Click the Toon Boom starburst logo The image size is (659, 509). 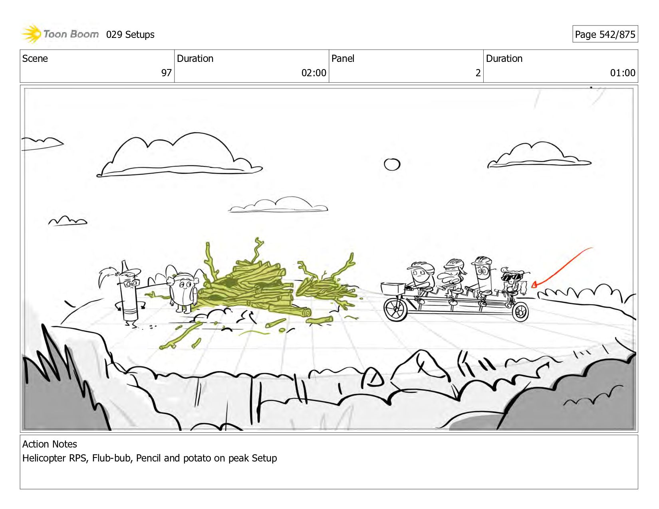pos(31,34)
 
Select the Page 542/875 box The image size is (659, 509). pos(605,34)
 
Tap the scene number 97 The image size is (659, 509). pos(166,73)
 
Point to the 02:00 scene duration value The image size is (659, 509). pos(314,73)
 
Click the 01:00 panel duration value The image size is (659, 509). pos(623,73)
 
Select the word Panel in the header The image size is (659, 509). pos(343,58)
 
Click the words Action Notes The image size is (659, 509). pos(50,444)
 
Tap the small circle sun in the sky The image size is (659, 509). pos(392,164)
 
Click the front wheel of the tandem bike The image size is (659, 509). pos(395,309)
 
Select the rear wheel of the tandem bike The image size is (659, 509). pos(520,312)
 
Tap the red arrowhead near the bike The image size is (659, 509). pos(534,285)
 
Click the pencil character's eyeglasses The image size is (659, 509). pos(131,284)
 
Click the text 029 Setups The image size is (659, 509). pos(130,34)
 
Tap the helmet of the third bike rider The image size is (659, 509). pos(482,261)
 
